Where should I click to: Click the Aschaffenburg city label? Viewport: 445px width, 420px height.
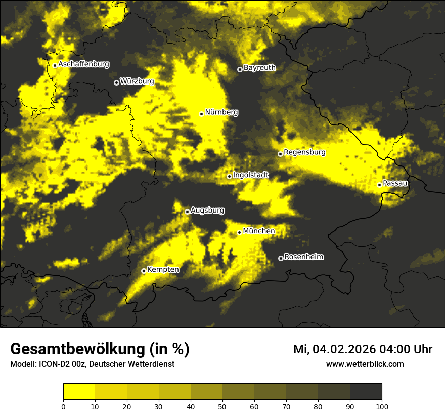coord(83,64)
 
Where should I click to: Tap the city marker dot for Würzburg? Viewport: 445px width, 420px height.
coord(116,82)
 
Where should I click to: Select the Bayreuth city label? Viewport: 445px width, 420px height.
coord(259,68)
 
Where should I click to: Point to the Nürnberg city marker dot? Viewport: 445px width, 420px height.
coord(201,114)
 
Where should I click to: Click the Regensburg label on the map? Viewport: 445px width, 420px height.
coord(304,152)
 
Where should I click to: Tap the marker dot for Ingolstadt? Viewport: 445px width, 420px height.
coord(229,176)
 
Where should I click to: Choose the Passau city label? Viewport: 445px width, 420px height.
coord(395,183)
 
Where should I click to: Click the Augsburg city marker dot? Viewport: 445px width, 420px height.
coord(187,212)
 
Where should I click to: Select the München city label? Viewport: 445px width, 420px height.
coord(259,231)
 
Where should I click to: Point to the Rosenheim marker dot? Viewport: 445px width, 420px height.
coord(281,258)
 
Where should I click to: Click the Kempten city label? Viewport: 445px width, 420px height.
coord(163,270)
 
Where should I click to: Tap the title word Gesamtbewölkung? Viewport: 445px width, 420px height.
coord(76,349)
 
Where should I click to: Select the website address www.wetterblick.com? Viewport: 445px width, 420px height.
coord(365,364)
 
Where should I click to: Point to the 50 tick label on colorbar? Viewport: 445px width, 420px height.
coord(223,406)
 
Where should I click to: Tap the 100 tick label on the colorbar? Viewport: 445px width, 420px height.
coord(381,406)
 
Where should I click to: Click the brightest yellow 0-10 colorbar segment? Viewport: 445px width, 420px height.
coord(79,392)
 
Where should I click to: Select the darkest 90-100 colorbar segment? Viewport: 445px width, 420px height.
coord(366,392)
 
